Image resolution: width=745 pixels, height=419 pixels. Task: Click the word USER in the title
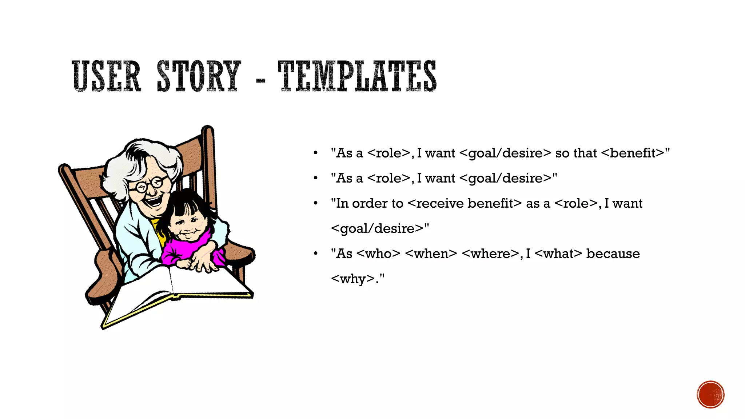point(106,76)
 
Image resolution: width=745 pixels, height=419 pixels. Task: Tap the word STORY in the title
point(199,76)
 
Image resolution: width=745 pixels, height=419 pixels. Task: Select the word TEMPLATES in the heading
point(357,76)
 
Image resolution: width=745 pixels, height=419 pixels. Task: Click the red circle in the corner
point(710,395)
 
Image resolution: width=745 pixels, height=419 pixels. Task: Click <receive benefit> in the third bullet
point(465,203)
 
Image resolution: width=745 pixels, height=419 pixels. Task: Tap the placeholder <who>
point(378,254)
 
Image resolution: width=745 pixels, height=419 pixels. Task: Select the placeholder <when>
point(431,254)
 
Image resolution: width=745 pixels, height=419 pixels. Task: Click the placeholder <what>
point(558,254)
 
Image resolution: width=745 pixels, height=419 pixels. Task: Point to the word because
point(613,254)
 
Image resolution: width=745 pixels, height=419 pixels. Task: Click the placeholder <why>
point(352,279)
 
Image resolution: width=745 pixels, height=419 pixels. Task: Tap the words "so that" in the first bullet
point(576,153)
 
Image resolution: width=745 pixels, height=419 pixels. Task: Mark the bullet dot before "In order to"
point(315,203)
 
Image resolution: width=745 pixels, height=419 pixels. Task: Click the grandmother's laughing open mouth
point(155,201)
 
